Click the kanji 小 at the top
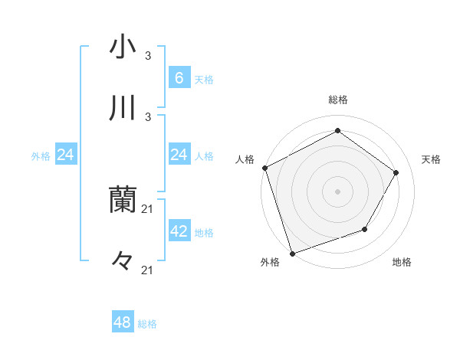[123, 47]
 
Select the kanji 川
[123, 108]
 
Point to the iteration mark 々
[123, 261]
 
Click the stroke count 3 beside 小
[148, 56]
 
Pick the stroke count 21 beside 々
[148, 270]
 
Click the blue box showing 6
[179, 77]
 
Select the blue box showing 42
[179, 231]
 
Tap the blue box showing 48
[123, 322]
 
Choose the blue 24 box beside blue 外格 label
[66, 155]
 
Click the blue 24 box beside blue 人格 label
[179, 155]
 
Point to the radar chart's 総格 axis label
[338, 100]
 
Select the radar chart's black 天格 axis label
[431, 159]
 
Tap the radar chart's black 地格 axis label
[402, 263]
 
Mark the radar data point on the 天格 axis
[396, 172]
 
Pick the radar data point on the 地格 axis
[365, 229]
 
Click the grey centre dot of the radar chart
[337, 191]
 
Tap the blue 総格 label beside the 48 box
[147, 324]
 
